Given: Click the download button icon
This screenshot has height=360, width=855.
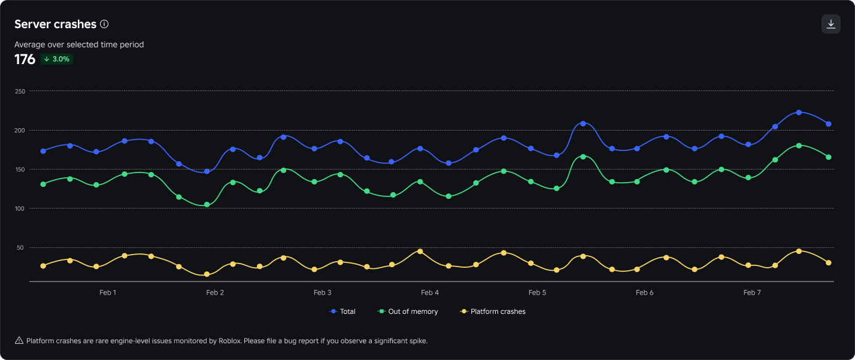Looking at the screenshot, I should click(830, 24).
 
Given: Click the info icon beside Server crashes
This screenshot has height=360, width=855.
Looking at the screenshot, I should click(104, 24).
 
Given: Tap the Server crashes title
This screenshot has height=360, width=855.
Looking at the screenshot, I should click(55, 24).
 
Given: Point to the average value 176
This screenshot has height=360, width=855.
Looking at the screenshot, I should click(25, 59).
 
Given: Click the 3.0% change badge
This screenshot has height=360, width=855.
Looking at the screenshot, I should click(57, 59).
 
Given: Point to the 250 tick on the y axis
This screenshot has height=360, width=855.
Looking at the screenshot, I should click(20, 91).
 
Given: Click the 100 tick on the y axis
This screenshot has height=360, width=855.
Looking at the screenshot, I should click(20, 208).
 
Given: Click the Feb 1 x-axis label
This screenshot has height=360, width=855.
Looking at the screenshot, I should click(108, 293).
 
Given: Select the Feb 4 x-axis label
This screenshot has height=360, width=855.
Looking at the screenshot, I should click(430, 293).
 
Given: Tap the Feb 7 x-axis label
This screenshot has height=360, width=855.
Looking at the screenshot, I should click(752, 293).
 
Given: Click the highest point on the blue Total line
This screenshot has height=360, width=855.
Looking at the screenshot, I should click(799, 113).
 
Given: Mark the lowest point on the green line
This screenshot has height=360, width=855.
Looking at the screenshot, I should click(207, 205).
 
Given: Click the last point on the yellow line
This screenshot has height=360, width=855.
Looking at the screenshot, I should click(829, 263).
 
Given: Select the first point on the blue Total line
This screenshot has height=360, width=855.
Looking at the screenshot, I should click(43, 151).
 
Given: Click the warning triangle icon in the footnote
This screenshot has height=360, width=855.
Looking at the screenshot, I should click(19, 341).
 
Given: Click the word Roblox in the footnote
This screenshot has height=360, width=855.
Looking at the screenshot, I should click(229, 341).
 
